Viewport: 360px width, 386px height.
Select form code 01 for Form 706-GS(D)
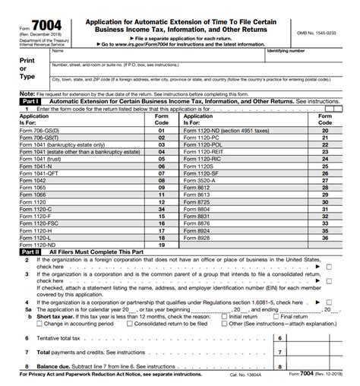click(x=161, y=130)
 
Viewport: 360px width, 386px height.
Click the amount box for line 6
click(x=319, y=337)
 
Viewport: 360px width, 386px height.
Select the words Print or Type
click(x=27, y=68)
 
